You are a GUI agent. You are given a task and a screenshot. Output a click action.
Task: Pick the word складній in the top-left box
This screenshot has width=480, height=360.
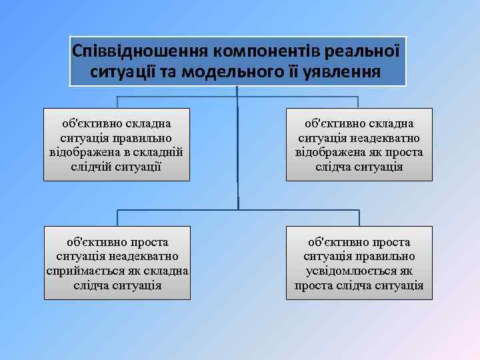click(161, 151)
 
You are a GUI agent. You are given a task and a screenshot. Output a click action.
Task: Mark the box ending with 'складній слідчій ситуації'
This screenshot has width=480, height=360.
click(117, 144)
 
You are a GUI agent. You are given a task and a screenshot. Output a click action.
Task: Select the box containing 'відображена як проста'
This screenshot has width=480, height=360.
click(359, 144)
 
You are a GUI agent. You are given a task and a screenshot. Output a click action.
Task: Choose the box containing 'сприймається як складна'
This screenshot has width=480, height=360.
click(117, 263)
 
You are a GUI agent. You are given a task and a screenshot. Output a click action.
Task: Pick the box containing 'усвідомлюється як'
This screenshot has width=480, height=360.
click(359, 263)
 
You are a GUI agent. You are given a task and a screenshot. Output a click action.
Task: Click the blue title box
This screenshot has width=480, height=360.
click(238, 61)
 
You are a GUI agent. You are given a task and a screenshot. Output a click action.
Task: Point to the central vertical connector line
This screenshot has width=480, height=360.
click(238, 147)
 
